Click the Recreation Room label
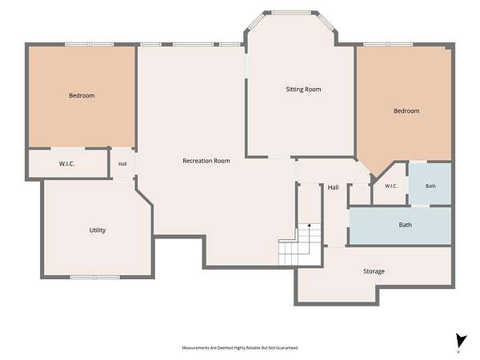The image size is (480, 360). tap(206, 161)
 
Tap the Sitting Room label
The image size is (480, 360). tap(303, 90)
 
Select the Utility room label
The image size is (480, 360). tap(98, 230)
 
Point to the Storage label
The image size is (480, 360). tap(374, 271)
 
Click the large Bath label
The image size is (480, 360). tap(405, 225)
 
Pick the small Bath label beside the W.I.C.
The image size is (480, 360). tap(430, 186)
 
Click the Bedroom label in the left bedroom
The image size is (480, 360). tap(82, 95)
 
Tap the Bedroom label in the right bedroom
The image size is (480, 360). tap(406, 111)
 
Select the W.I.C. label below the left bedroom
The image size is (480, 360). tap(66, 164)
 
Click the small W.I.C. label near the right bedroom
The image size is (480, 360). tap(391, 186)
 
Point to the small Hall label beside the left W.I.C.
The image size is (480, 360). tap(122, 164)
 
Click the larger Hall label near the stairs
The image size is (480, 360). tap(333, 187)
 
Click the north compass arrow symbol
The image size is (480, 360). tap(461, 342)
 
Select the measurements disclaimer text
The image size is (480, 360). tap(240, 348)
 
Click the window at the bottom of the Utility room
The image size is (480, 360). tap(95, 278)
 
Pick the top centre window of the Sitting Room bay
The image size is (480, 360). tap(291, 13)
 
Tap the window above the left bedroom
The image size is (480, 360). tap(89, 45)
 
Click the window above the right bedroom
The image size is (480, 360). tap(388, 45)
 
